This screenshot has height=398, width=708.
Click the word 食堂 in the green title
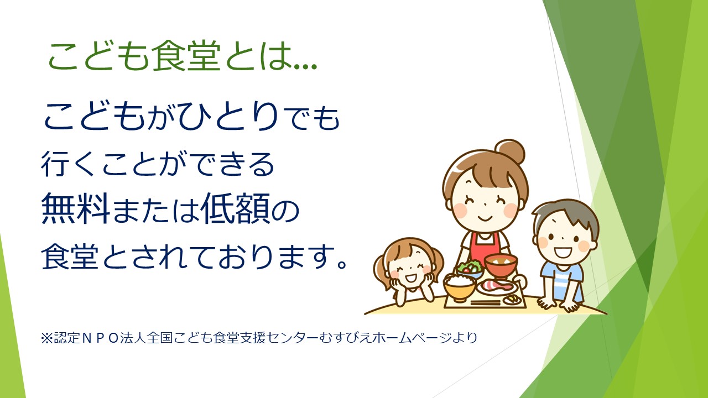coord(186,56)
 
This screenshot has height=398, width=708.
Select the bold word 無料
coord(76,208)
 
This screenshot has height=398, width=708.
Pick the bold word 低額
coord(235,208)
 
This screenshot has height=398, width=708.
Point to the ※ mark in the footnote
coord(47,338)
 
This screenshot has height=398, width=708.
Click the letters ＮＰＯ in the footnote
coord(100,338)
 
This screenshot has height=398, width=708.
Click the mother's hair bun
coord(509,151)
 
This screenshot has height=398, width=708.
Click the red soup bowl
coord(501,265)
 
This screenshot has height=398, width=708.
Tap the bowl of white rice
coord(459,286)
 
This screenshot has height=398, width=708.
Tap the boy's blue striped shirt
coord(562,281)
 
